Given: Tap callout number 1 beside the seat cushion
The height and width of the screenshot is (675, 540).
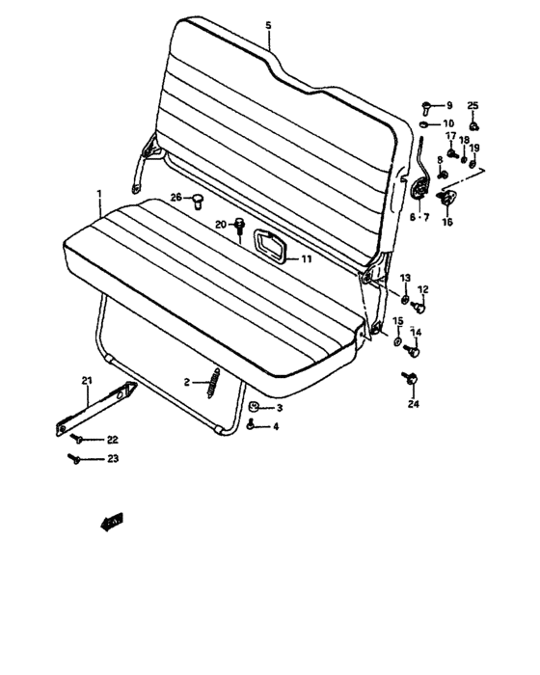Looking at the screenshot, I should click(99, 195).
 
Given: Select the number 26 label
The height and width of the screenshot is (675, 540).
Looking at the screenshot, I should click(176, 198).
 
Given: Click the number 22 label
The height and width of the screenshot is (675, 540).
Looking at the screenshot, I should click(112, 441).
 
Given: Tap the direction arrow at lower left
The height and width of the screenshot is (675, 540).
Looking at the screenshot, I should click(112, 523).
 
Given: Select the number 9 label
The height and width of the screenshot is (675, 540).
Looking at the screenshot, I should click(447, 104).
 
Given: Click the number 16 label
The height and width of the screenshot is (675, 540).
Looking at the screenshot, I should click(446, 222).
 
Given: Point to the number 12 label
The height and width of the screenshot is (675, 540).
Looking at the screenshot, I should click(422, 289).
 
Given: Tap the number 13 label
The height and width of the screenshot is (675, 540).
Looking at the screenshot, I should click(405, 278).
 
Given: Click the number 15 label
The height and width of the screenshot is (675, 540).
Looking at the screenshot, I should click(397, 321).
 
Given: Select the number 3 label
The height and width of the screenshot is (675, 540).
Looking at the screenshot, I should click(280, 409).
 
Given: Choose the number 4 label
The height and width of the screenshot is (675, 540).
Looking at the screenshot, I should click(276, 426).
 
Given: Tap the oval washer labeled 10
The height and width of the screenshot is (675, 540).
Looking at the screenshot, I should click(425, 124).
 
